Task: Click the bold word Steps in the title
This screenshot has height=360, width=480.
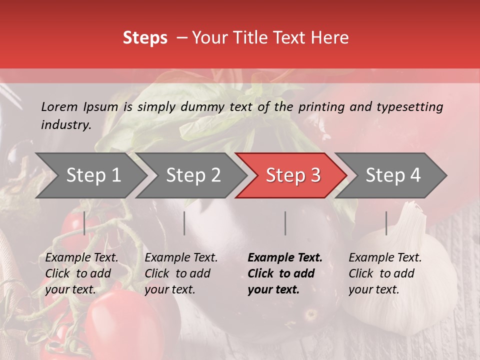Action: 145,38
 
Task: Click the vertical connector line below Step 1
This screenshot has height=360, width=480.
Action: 84,223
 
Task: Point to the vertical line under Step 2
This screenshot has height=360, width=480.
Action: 184,223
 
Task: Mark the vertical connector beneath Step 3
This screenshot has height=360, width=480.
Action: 285,223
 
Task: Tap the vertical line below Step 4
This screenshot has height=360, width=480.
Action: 386,223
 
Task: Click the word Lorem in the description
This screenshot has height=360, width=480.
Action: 59,106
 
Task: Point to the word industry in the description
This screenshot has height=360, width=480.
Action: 66,124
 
